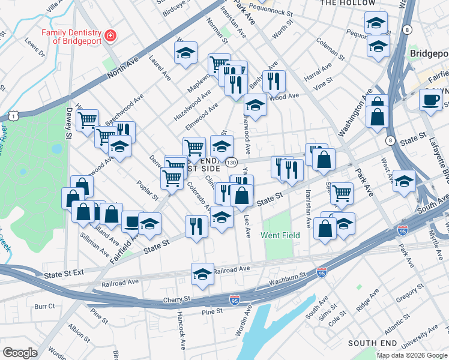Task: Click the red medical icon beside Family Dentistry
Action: (x=109, y=37)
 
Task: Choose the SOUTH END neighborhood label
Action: (x=372, y=343)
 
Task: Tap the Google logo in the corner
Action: (x=20, y=352)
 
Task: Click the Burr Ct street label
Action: (x=44, y=306)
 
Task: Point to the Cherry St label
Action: (x=177, y=299)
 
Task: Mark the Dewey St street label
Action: (x=69, y=122)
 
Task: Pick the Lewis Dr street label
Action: (x=35, y=48)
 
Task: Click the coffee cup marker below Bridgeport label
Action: (x=430, y=99)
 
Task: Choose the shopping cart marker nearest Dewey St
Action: (x=88, y=119)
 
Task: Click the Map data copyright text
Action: (x=412, y=355)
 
